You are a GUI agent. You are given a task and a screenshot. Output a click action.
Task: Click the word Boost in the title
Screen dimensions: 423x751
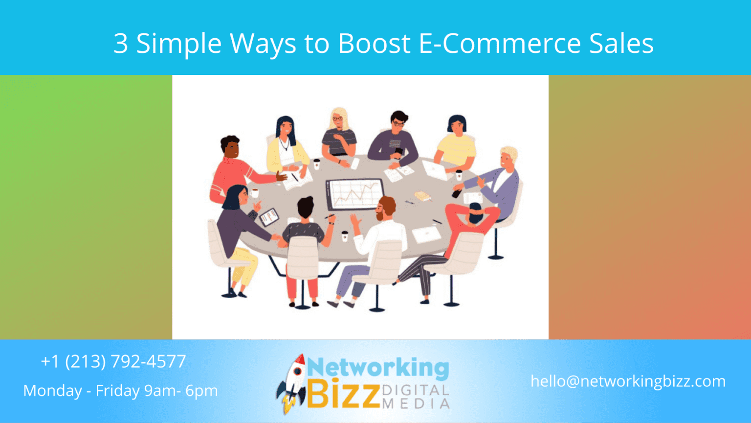click(374, 43)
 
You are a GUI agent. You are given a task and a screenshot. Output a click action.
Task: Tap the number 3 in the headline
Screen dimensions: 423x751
click(121, 43)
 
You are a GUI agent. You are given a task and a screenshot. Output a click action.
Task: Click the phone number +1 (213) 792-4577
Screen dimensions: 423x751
click(113, 361)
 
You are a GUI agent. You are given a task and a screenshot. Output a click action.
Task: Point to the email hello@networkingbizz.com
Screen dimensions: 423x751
click(628, 381)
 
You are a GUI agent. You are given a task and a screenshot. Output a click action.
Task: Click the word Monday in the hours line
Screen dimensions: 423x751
click(53, 391)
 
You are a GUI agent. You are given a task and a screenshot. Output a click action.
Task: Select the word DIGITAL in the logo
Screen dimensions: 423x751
click(415, 391)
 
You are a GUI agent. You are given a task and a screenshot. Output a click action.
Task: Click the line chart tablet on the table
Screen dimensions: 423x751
click(354, 194)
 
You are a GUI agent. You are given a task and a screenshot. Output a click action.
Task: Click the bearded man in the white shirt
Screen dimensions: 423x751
click(384, 230)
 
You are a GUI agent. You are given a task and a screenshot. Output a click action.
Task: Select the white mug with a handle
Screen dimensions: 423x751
click(254, 192)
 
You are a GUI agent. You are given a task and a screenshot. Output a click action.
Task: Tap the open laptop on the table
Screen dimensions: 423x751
click(434, 170)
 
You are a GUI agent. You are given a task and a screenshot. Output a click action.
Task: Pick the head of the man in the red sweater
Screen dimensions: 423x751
click(230, 147)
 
